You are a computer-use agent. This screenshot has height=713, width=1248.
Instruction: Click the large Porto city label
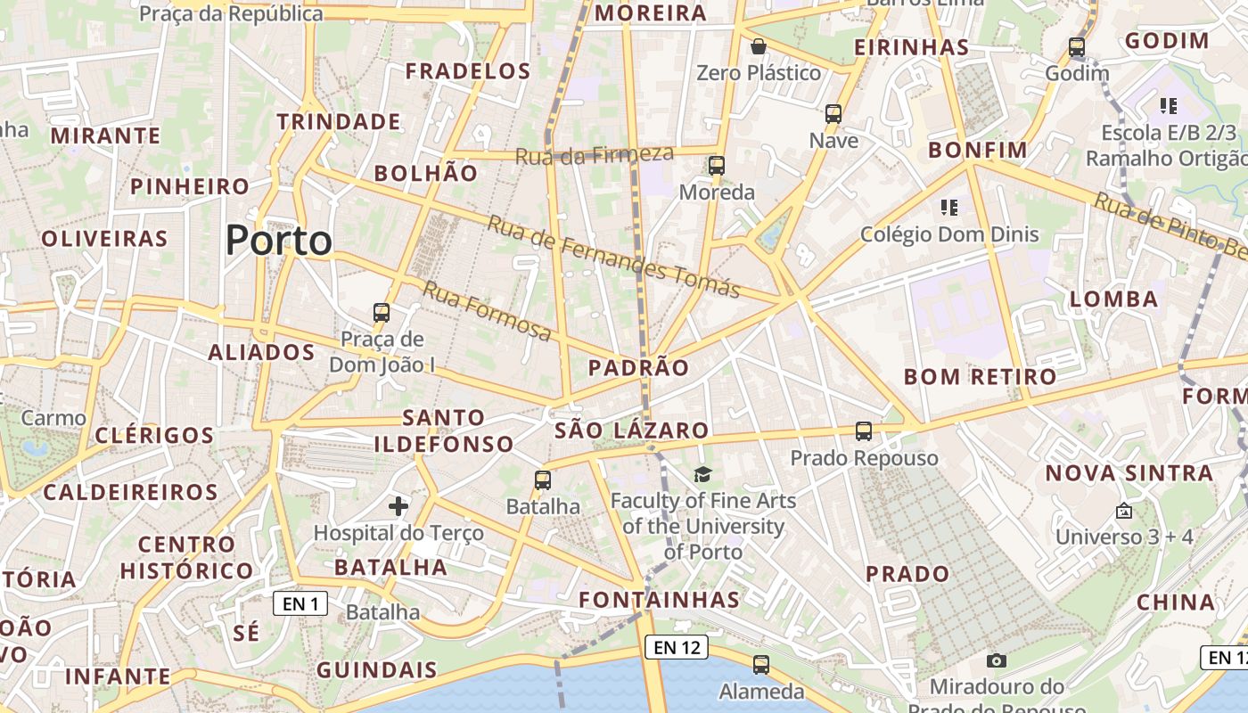[x=278, y=241]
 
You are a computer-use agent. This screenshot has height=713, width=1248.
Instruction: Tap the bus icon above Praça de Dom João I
[x=382, y=313]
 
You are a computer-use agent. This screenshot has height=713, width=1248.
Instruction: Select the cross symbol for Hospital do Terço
[x=398, y=507]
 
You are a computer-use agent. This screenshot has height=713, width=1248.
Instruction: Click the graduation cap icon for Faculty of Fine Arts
[x=703, y=475]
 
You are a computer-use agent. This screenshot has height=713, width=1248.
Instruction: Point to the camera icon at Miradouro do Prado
[x=997, y=660]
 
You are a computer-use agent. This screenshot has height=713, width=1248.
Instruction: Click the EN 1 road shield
[x=300, y=604]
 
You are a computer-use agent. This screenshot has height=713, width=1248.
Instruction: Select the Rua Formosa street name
[x=487, y=310]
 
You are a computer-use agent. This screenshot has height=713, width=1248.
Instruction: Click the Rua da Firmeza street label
[x=595, y=155]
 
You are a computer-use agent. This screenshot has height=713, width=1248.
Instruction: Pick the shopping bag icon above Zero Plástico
[x=759, y=46]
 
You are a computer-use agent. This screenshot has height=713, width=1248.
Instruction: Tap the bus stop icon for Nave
[x=833, y=114]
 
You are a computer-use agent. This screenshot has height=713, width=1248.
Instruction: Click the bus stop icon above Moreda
[x=717, y=166]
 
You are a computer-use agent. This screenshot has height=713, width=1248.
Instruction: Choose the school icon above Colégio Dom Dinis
[x=949, y=208]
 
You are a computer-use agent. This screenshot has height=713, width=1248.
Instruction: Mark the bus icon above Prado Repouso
[x=864, y=431]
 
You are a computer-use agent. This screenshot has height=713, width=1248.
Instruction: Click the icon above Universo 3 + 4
[x=1124, y=512]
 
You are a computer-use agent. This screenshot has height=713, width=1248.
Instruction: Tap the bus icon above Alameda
[x=761, y=664]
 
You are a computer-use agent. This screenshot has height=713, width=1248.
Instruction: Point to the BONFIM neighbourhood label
[x=978, y=150]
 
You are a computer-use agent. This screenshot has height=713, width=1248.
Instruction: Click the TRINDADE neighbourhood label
[x=339, y=121]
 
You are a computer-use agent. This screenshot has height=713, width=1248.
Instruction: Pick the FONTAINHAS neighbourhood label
[x=660, y=600]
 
